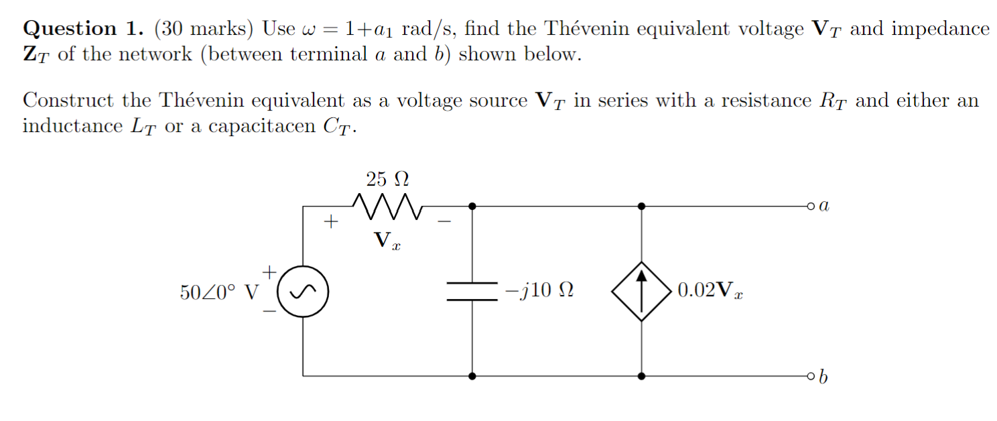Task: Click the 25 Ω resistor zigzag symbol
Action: pos(387,206)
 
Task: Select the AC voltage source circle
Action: pos(303,292)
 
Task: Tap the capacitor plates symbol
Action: pos(472,291)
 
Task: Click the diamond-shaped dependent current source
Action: pos(642,291)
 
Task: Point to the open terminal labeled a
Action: pos(813,206)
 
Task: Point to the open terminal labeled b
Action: pos(813,376)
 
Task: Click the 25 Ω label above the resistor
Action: pos(387,179)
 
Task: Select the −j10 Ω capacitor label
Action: pos(539,291)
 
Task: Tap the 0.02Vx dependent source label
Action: pos(711,291)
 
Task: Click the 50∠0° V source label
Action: pos(218,292)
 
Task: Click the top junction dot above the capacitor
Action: pos(472,206)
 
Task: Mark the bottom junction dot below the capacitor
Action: pos(472,376)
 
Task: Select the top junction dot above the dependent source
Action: pos(642,206)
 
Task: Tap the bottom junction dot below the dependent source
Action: pos(642,376)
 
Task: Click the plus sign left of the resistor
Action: pos(330,220)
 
